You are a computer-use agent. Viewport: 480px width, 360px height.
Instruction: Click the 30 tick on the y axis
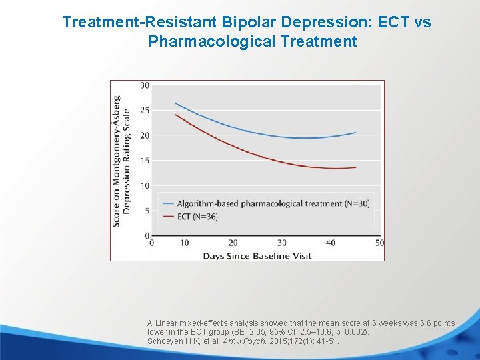(145, 85)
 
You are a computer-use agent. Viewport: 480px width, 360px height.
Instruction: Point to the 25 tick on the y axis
(145, 110)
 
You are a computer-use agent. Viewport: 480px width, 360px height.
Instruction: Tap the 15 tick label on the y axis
(145, 161)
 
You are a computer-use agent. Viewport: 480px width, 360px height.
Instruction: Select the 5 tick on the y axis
(147, 211)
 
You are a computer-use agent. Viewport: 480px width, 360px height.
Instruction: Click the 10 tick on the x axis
(184, 243)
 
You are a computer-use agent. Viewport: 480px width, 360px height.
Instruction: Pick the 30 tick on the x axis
(281, 243)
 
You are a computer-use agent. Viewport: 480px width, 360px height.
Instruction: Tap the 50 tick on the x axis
(379, 243)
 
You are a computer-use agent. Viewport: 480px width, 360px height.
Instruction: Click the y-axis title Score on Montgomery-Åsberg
(117, 161)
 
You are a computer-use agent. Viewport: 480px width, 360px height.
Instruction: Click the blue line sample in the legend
(167, 203)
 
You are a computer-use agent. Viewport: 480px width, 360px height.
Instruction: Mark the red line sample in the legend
(167, 217)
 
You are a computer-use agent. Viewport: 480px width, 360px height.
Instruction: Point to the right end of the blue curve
(356, 133)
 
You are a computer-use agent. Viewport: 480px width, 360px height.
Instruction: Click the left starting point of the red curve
(175, 115)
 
